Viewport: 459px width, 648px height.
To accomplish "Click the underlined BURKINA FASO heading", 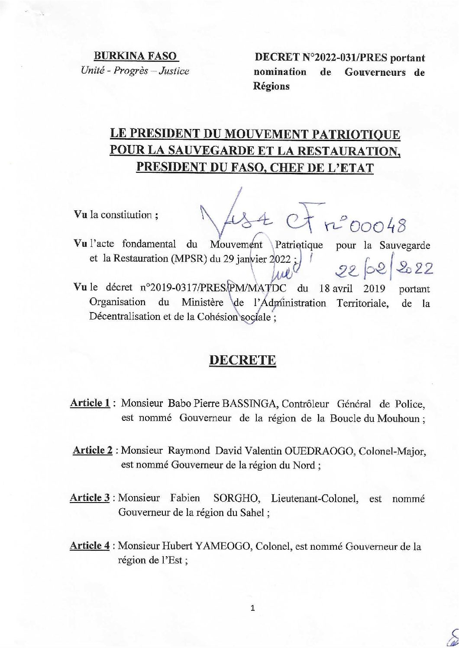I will point(136,56).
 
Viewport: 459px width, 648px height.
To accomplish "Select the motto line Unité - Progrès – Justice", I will point(135,71).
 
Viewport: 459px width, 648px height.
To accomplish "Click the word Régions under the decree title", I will point(271,86).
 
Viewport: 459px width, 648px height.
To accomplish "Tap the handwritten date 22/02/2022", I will point(384,271).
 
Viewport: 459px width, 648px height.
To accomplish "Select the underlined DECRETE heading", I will point(242,360).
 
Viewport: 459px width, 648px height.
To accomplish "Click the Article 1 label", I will point(90,403).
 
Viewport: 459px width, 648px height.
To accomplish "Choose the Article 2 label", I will point(93,451).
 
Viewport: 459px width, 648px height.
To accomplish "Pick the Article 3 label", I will point(90,498).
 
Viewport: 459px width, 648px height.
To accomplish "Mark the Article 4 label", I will point(90,546).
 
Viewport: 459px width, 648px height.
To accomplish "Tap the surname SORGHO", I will point(240,498).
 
